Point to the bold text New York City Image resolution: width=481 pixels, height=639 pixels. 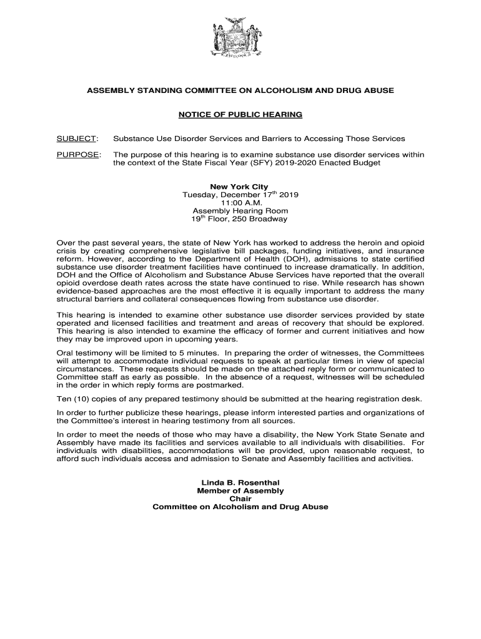coord(240,187)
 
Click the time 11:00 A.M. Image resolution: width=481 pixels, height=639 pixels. coord(240,203)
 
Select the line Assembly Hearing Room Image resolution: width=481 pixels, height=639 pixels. coord(240,211)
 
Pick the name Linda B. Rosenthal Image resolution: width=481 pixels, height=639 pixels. coord(240,483)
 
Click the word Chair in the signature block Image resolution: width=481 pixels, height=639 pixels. coord(240,499)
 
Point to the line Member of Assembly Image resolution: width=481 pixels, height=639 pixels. coord(240,491)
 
